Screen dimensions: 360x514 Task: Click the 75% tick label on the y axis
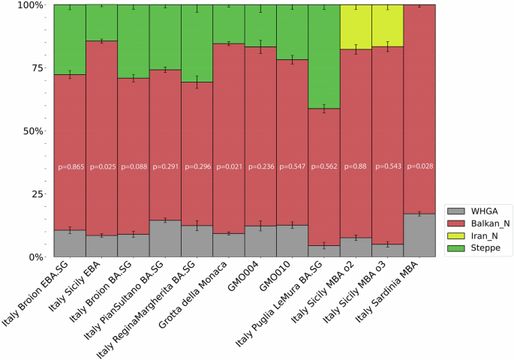33,67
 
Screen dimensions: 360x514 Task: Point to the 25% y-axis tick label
33,193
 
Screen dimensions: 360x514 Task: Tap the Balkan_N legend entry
483,223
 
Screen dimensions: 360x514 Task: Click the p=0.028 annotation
419,166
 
